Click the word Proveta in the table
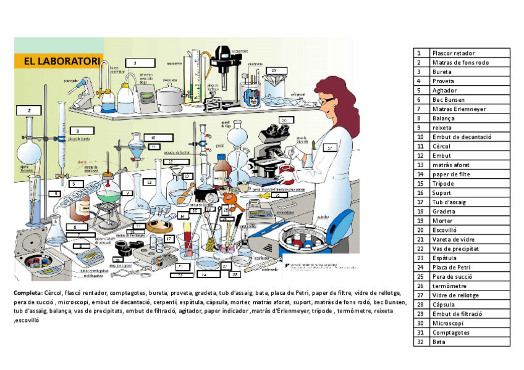coord(444,81)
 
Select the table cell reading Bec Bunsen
coord(449,99)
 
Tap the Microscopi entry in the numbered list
coord(448,323)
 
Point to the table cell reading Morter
coord(442,221)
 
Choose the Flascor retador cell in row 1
coord(454,53)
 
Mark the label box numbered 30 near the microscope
coord(284,120)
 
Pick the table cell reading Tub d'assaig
coord(449,202)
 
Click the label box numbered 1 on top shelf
coord(140,62)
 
